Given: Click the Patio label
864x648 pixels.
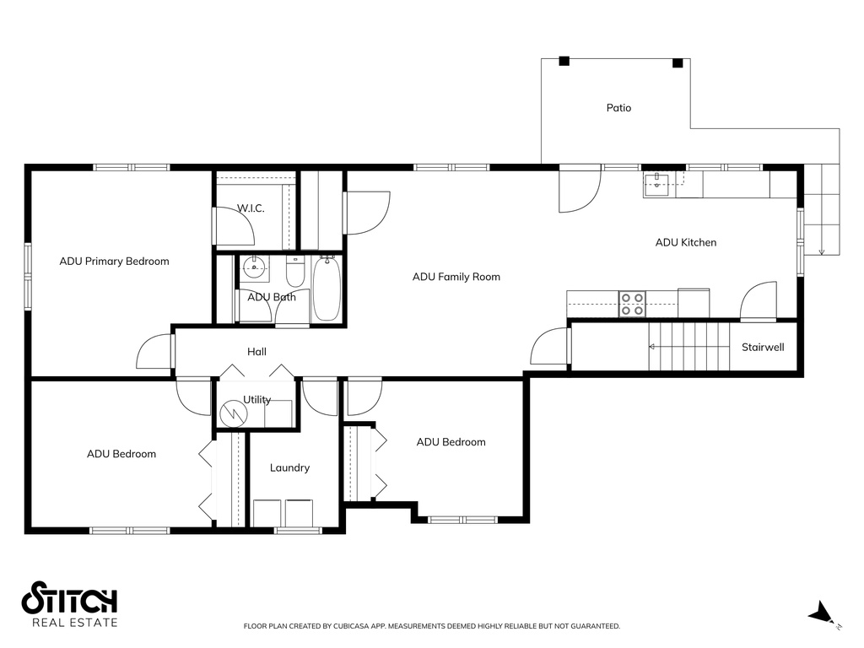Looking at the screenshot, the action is tap(618, 108).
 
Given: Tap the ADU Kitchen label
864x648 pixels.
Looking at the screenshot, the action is tap(686, 242).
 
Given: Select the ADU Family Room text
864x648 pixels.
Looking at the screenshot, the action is tap(456, 277).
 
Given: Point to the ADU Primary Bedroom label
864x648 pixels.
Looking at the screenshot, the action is tap(114, 262).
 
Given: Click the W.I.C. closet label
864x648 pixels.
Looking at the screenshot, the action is tap(251, 208).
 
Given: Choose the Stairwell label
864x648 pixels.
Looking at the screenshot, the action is tap(763, 347).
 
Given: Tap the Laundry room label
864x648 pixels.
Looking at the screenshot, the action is tap(289, 467).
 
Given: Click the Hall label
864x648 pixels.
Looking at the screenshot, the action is tap(256, 352).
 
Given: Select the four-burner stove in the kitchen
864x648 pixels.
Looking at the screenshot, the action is tap(632, 304).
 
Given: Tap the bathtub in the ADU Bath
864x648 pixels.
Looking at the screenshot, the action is tap(327, 289).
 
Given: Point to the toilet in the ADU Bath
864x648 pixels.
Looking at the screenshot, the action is tap(295, 273).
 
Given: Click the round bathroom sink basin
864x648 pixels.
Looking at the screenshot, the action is tap(253, 269).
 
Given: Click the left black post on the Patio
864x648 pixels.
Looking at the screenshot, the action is tap(564, 61).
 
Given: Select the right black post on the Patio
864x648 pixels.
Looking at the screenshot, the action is tap(678, 62).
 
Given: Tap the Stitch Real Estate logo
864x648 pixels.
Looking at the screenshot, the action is tap(69, 604).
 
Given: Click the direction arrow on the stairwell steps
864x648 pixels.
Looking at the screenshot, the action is tap(688, 347).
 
